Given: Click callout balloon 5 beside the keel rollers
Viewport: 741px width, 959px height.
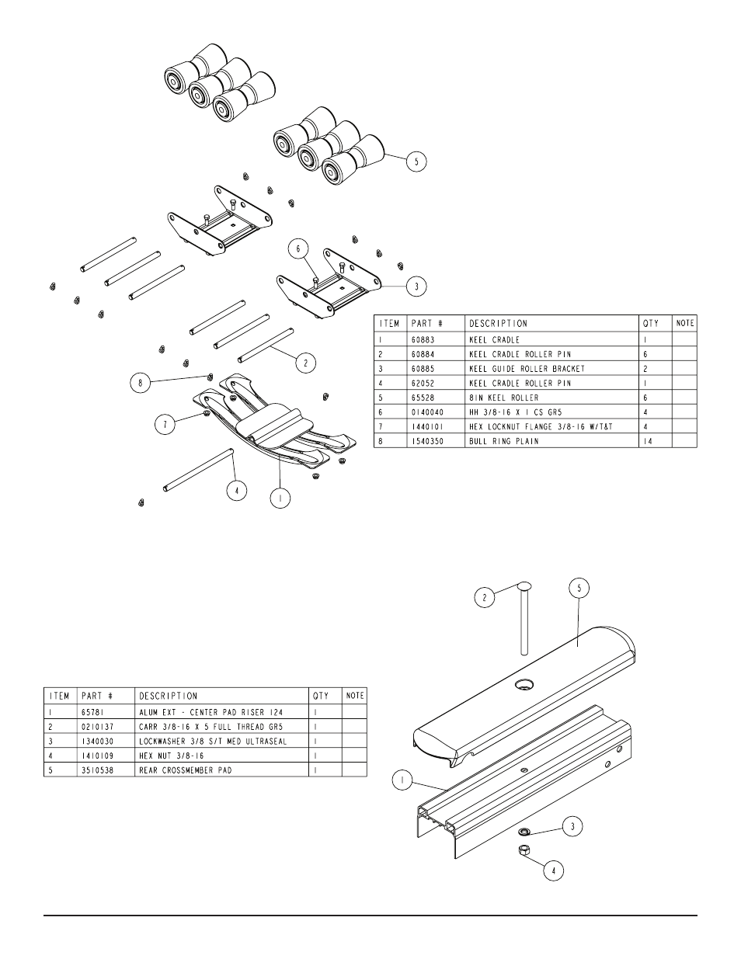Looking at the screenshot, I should point(416,162).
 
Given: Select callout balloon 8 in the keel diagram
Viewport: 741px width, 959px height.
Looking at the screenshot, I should point(141,383).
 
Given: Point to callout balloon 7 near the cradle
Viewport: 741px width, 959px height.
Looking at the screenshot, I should point(165,426).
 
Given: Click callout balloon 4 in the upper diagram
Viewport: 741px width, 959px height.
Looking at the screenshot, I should point(236,490).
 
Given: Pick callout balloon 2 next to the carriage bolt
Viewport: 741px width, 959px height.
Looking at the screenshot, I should point(485,598).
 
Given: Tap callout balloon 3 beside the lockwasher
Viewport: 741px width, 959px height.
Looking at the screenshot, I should point(572,826).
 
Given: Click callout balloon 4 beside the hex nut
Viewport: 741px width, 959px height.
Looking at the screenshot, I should point(553,870).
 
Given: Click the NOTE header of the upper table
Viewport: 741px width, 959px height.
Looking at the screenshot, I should point(685,323).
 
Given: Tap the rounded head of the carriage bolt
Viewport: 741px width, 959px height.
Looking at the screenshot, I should point(523,585).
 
